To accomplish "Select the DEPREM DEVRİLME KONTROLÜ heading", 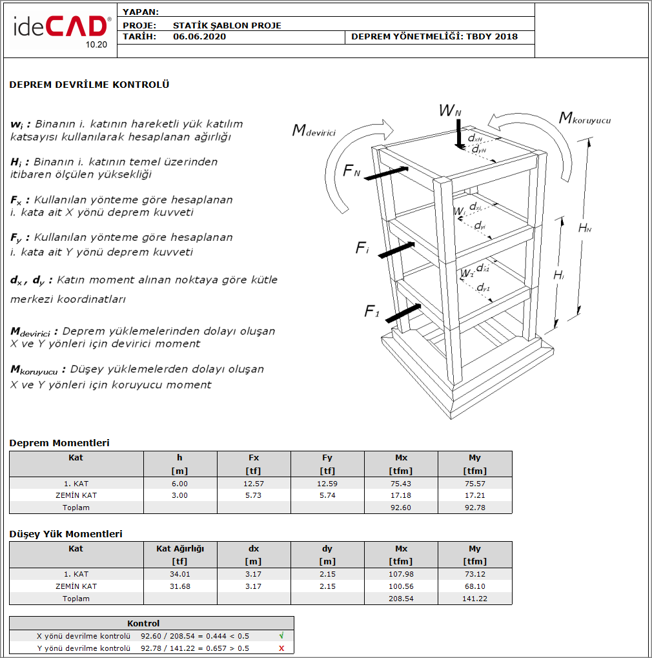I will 89,85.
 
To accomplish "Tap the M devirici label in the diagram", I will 314,131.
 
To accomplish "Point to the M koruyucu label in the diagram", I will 584,119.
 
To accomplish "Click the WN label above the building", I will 450,112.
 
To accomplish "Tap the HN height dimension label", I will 585,227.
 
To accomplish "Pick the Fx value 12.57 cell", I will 254,484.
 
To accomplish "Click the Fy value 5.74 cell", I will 327,495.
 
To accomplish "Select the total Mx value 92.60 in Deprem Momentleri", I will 401,508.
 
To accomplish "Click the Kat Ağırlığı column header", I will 180,549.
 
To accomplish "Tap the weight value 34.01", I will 180,574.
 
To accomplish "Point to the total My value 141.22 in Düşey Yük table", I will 474,599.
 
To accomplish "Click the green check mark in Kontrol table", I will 281,635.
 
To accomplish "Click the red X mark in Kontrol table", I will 281,648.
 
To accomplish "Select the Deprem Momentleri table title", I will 59,443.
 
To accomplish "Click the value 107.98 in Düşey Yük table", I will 401,574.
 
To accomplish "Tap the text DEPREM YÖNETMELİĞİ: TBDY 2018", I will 434,37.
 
